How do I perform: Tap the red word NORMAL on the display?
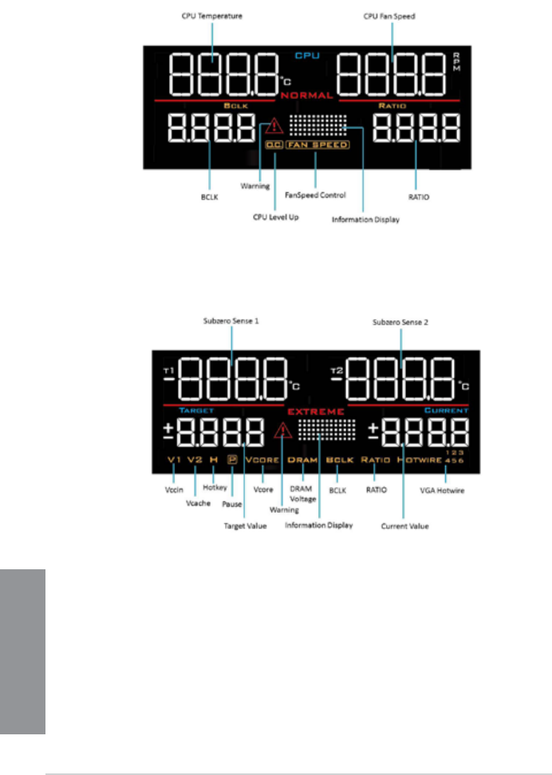[306, 96]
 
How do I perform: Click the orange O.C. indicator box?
[274, 145]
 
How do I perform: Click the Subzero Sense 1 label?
[232, 322]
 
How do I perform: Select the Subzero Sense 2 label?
[401, 322]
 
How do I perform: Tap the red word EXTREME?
[316, 411]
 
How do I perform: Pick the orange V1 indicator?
[174, 460]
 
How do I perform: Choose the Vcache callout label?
[194, 504]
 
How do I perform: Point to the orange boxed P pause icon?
[232, 460]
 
